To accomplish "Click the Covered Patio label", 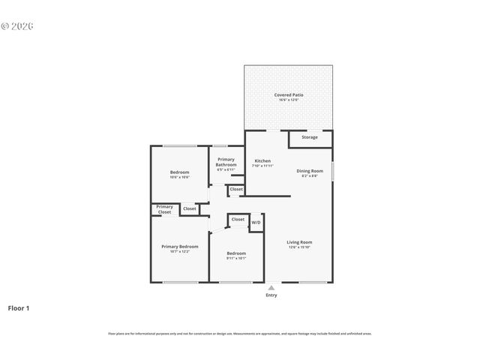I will tap(288, 95).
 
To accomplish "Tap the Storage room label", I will tap(310, 137).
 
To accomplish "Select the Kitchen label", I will tap(262, 161).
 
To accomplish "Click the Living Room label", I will tap(299, 242).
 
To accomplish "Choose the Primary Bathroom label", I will tap(226, 161).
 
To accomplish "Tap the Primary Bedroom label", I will tap(180, 247).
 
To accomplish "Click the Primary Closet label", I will tap(165, 209).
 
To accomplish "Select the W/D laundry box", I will tap(256, 223).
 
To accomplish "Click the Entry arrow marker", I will tap(271, 287).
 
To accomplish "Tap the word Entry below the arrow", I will tap(271, 295).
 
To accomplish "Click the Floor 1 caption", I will tap(19, 308).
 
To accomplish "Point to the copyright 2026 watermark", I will tap(17, 25).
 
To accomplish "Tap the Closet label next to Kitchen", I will tap(236, 190).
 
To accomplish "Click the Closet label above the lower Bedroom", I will tap(238, 219).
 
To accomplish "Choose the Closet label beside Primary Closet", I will tap(190, 208).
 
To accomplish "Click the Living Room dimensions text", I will tap(299, 247).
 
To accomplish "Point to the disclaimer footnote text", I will tap(240, 334).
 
